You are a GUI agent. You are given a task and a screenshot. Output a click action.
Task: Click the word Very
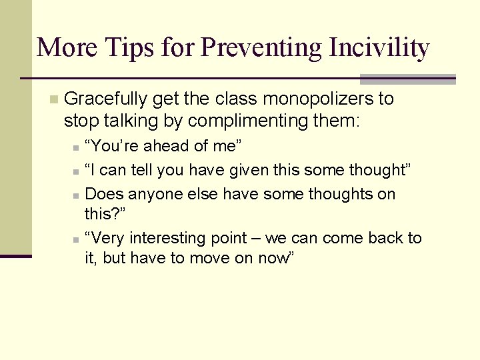tap(107, 238)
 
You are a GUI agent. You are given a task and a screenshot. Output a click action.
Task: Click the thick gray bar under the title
tap(407, 79)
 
